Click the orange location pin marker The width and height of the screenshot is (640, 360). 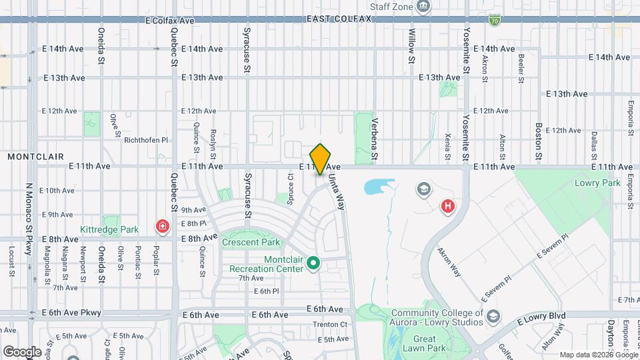321,159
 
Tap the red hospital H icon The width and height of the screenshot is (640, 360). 448,207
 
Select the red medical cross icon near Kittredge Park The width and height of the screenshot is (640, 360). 161,227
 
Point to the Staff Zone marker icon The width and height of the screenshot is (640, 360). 423,7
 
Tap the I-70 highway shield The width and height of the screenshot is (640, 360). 494,21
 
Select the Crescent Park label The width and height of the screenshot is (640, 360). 251,242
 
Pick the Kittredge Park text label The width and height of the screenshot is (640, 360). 109,229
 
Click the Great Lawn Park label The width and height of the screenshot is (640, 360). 424,343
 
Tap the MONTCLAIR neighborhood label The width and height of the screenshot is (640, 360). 36,157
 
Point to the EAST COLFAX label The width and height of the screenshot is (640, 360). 339,19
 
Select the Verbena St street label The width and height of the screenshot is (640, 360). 375,140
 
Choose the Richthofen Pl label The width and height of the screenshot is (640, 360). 146,140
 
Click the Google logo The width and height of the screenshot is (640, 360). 22,351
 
